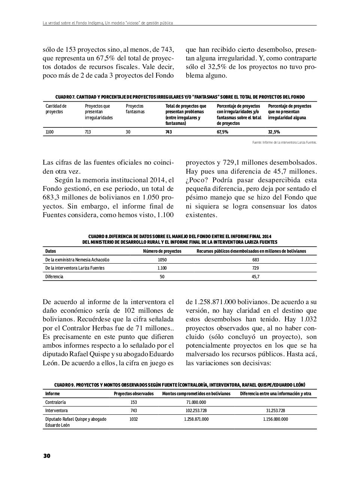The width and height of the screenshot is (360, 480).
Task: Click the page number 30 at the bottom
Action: (46, 456)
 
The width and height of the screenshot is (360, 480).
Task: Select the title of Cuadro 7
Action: (180, 97)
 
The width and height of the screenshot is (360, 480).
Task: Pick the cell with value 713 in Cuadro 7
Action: (88, 132)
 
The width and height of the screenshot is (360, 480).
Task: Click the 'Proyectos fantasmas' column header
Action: (135, 109)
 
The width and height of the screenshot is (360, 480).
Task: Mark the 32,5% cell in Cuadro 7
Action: (274, 132)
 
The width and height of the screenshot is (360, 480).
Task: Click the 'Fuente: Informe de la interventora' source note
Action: (284, 142)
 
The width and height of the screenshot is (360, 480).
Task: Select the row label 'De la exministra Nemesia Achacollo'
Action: (77, 259)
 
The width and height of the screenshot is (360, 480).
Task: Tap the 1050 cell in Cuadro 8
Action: (162, 259)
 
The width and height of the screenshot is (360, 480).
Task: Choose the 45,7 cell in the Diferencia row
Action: (255, 277)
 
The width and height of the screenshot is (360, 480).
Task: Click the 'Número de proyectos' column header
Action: (162, 251)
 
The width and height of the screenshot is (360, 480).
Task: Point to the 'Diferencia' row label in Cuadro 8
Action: (54, 277)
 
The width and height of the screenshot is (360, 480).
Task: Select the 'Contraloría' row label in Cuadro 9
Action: (55, 402)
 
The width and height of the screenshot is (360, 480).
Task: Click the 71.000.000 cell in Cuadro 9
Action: (196, 402)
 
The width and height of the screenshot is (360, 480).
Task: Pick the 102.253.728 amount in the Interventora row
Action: (196, 411)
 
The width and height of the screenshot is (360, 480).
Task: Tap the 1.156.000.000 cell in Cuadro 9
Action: (275, 419)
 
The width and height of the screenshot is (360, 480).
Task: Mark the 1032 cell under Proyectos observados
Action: (133, 419)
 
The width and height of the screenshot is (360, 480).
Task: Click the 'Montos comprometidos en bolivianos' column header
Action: (196, 394)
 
